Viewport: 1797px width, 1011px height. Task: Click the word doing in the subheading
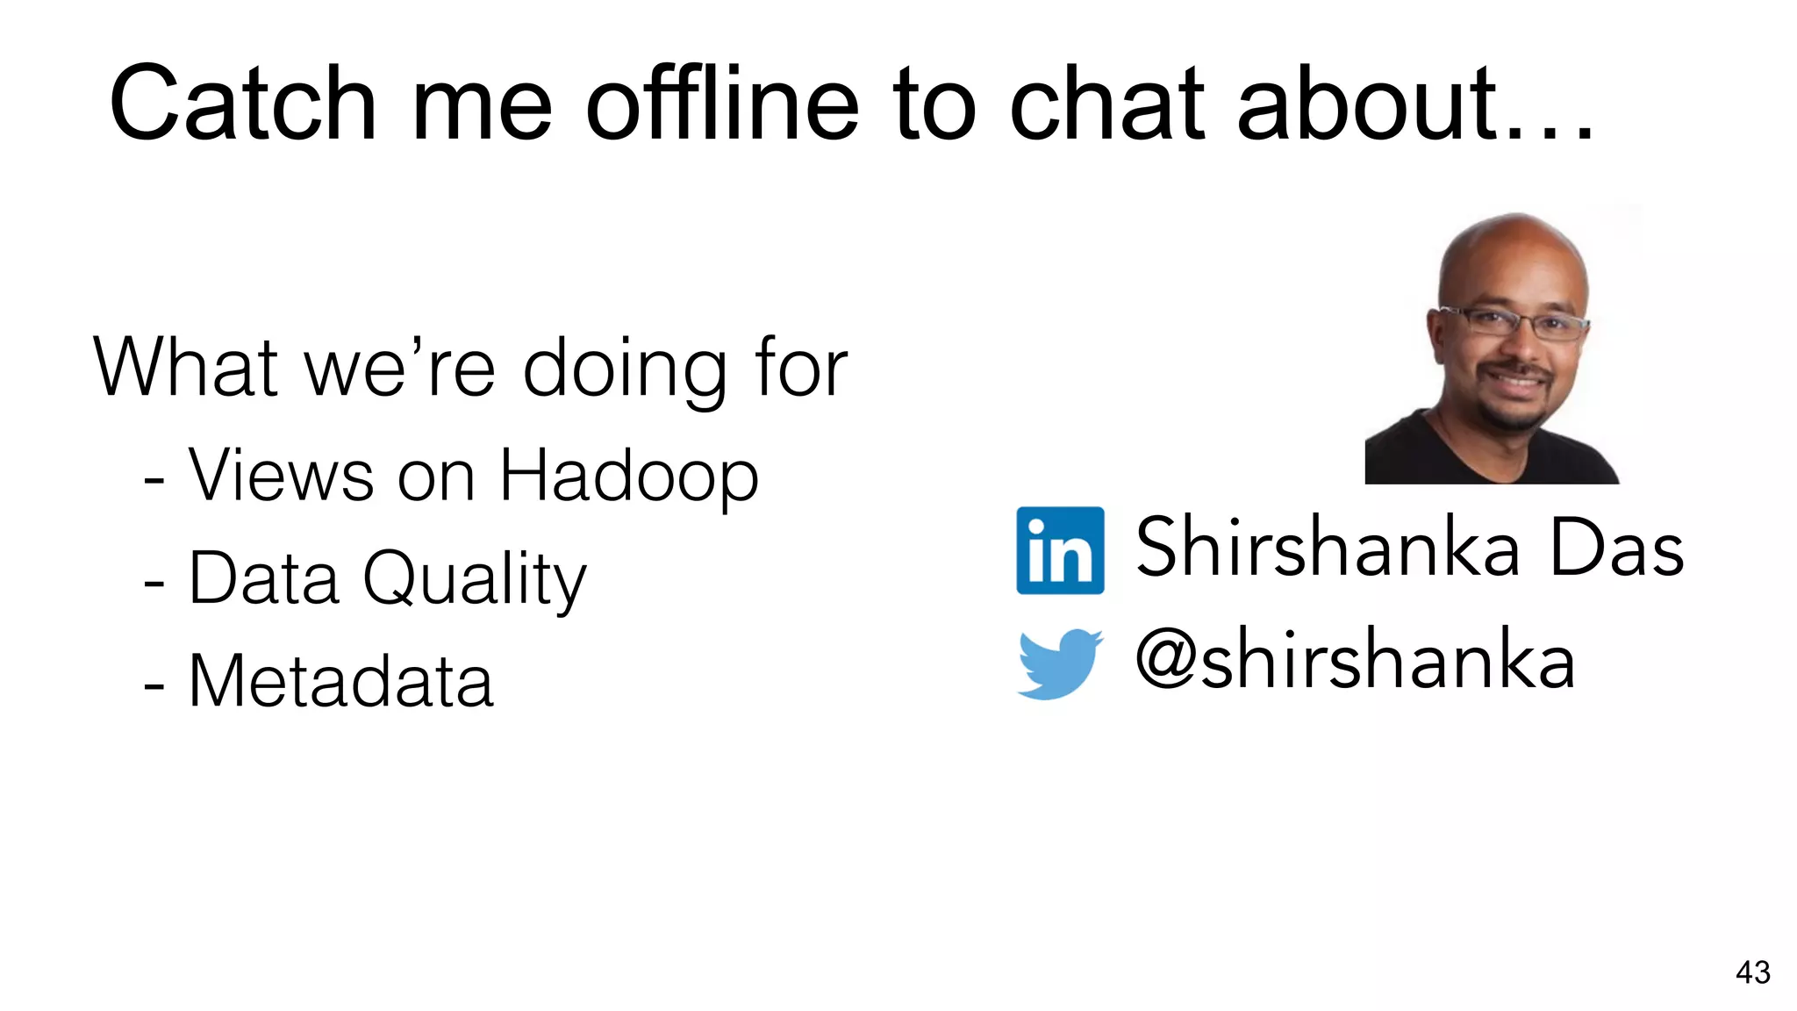(x=624, y=369)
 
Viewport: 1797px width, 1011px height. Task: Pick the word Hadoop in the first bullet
(x=628, y=477)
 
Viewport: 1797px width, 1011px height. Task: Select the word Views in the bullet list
(x=281, y=477)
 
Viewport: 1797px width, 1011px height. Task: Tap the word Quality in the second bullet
(x=474, y=579)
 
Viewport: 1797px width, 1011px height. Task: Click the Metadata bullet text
(x=340, y=682)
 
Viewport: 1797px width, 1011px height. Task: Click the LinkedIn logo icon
(x=1060, y=550)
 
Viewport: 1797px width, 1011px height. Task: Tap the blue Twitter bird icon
(x=1059, y=663)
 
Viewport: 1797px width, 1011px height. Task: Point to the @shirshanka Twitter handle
(x=1355, y=660)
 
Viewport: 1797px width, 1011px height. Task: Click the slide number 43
(x=1752, y=972)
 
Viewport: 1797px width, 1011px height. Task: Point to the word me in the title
(x=481, y=104)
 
